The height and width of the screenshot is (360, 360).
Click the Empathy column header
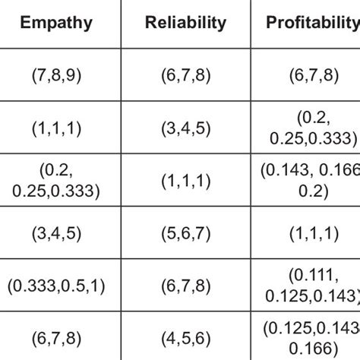tap(56, 23)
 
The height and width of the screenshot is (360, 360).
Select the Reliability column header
tap(185, 23)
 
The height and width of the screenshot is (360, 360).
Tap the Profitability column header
tap(311, 23)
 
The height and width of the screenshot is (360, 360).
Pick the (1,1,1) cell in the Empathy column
tap(56, 130)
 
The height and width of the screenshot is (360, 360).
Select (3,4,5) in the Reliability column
tap(185, 130)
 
